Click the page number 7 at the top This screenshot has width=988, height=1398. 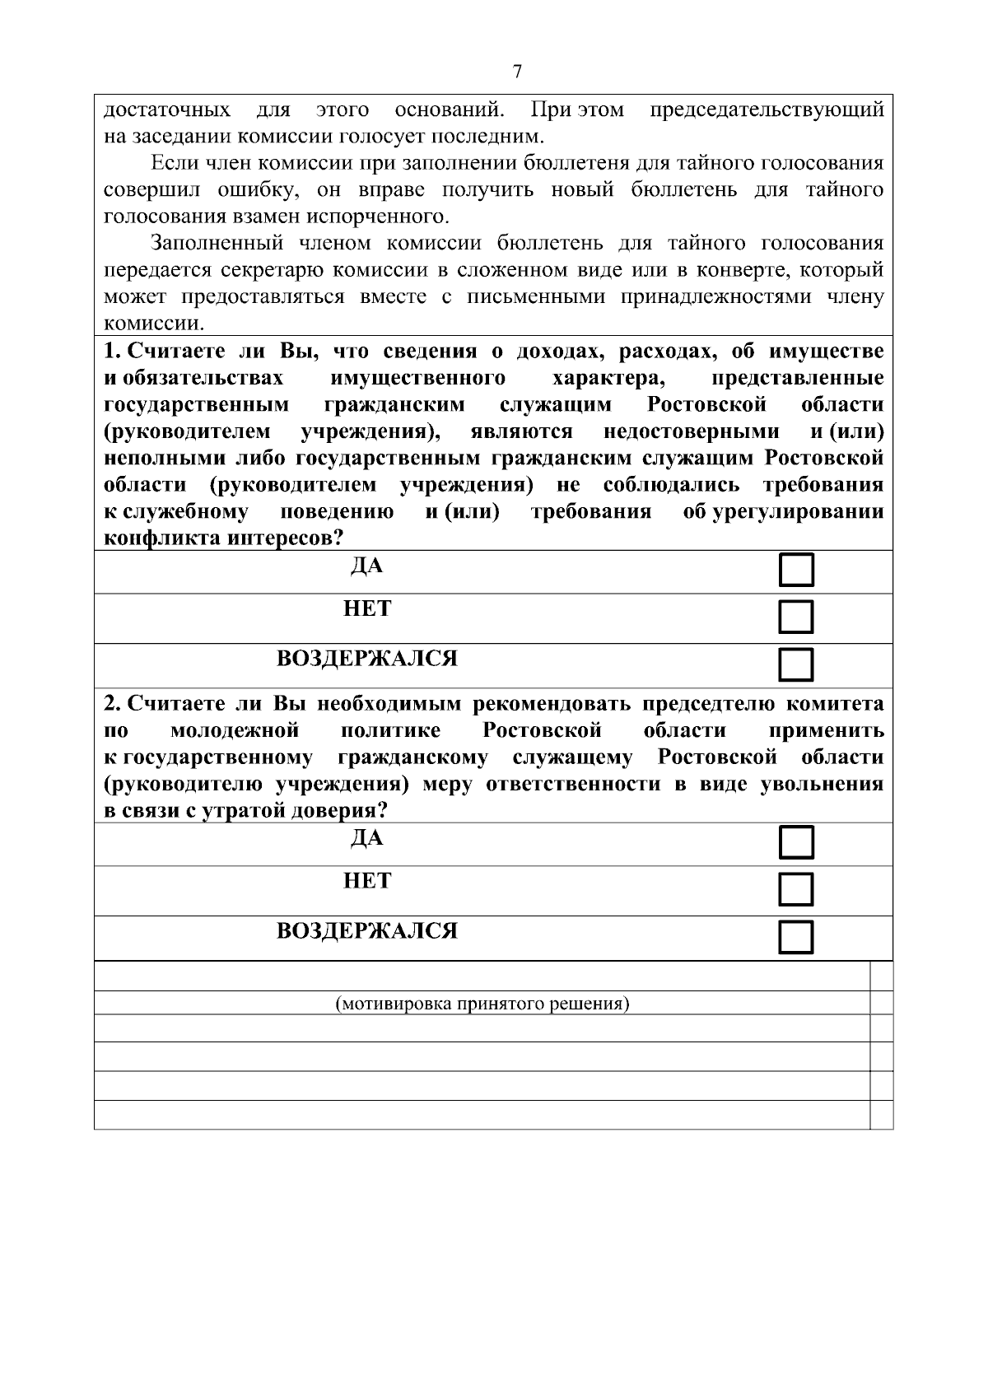pyautogui.click(x=517, y=72)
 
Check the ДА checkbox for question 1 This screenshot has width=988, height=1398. pyautogui.click(x=796, y=571)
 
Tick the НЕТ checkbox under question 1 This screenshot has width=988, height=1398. pyautogui.click(x=796, y=617)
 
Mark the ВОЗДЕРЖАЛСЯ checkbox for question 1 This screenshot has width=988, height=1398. pyautogui.click(x=796, y=664)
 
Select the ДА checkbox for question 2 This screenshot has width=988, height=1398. pyautogui.click(x=796, y=842)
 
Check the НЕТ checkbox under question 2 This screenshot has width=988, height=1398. pyautogui.click(x=796, y=889)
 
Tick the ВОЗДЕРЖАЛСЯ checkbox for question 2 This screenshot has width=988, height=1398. pyautogui.click(x=796, y=937)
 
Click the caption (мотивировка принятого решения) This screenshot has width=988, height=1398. pyautogui.click(x=482, y=1004)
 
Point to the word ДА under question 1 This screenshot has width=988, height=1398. pyautogui.click(x=367, y=566)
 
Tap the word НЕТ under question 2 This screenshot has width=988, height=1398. pyautogui.click(x=367, y=882)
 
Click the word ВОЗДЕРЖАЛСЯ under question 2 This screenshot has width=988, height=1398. pyautogui.click(x=367, y=931)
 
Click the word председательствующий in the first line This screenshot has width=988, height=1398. pyautogui.click(x=767, y=110)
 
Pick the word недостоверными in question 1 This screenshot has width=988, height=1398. pyautogui.click(x=691, y=431)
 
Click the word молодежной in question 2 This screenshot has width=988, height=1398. pyautogui.click(x=234, y=731)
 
